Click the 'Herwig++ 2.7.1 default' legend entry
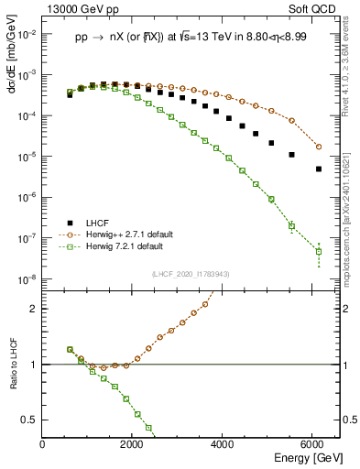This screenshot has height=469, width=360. tap(116, 234)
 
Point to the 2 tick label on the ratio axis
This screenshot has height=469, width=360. tap(33, 309)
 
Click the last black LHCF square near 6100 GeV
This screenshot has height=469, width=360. tap(318, 169)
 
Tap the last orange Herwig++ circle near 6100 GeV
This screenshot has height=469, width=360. tap(318, 147)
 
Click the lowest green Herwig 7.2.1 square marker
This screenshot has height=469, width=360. tap(318, 251)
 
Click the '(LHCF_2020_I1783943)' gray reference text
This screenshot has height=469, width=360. tap(190, 275)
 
